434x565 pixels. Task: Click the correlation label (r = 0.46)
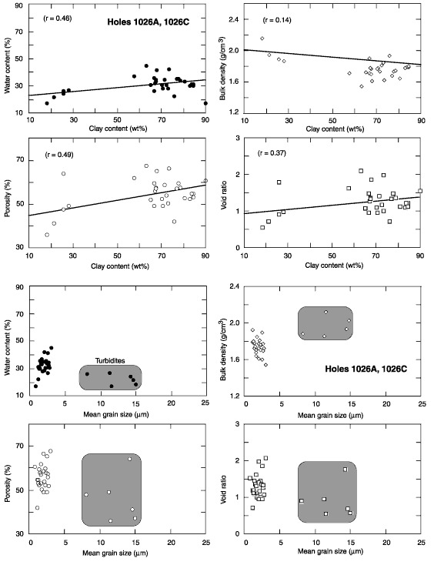point(57,18)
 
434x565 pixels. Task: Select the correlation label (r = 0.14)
point(276,20)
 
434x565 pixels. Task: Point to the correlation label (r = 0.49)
point(59,155)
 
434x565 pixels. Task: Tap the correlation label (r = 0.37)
point(272,153)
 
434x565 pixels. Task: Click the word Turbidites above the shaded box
point(110,361)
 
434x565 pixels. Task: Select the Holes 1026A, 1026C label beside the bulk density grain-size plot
point(366,369)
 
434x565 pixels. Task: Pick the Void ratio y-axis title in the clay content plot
point(224,195)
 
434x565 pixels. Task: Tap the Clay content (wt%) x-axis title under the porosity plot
point(120,266)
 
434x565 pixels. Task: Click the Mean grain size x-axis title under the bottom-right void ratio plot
point(330,551)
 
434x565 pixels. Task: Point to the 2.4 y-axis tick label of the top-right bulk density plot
point(234,19)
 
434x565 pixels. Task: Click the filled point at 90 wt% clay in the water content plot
point(205,103)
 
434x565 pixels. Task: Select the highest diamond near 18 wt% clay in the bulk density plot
point(262,38)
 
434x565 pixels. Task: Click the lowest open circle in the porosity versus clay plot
point(47,235)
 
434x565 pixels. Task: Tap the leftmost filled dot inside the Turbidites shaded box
point(87,374)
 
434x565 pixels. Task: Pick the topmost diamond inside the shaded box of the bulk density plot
point(326,312)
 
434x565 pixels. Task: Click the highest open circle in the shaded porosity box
point(129,459)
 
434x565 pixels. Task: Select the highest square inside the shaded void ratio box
point(345,470)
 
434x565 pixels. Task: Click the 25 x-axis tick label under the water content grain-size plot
point(205,403)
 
